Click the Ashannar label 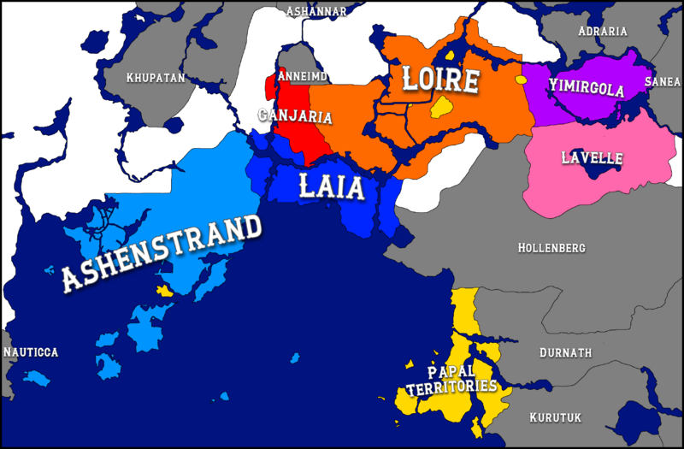coord(316,11)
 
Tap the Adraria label coord(603,32)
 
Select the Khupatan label coord(156,78)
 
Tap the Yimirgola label coord(587,87)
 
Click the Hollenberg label coord(551,248)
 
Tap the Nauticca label coord(31,352)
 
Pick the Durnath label coord(566,352)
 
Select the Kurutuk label coord(555,417)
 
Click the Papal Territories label coord(451,380)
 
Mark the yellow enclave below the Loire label coord(441,108)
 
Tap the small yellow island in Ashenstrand coord(164,291)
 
